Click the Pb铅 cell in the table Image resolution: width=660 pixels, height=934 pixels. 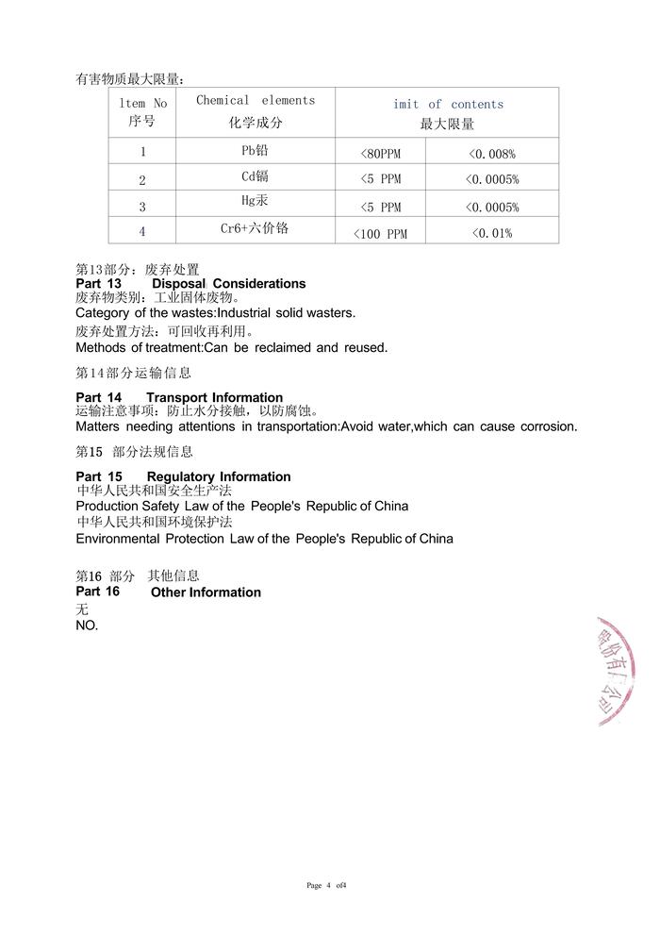(x=256, y=150)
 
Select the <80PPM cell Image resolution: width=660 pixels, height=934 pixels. (x=381, y=154)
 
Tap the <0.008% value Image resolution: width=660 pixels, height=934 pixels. (x=491, y=154)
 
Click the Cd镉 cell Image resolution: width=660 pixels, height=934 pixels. (x=256, y=176)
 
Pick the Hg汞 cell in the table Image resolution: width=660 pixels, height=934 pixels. (x=256, y=201)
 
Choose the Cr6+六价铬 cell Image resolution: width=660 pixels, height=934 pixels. (x=255, y=228)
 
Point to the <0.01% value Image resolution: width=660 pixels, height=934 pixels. (x=491, y=233)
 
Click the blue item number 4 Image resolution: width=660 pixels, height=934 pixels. (x=142, y=231)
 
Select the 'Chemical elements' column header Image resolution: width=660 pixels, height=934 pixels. (x=256, y=100)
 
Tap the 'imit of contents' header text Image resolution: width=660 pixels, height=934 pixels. (x=448, y=104)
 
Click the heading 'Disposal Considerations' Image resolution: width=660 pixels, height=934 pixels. (x=228, y=284)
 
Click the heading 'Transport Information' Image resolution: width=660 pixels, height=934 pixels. (x=214, y=398)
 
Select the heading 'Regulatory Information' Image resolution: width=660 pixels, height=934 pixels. (x=219, y=477)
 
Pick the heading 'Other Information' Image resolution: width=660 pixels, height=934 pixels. (x=206, y=592)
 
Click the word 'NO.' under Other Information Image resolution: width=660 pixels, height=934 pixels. (x=87, y=625)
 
